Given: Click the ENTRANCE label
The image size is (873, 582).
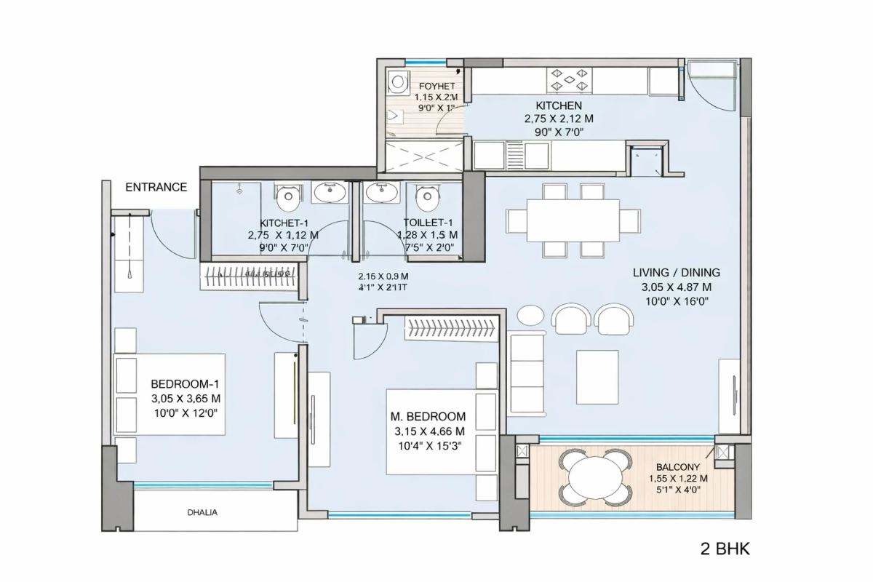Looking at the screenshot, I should coord(156,187).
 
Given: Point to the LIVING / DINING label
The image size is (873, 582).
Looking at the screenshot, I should coord(676,273).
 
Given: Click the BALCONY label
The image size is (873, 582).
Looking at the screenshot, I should coord(677,467).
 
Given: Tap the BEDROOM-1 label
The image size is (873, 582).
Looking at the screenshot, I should coord(185,384).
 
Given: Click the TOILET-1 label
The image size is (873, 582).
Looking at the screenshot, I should coord(428,223).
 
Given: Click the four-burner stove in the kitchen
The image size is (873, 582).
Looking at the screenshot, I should coord(571,80).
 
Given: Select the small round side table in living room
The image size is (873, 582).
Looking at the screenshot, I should coord(530,316).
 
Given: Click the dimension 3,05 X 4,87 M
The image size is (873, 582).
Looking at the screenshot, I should coord(676,287).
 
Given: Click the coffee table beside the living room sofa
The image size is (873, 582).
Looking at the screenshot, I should coord(597,376).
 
